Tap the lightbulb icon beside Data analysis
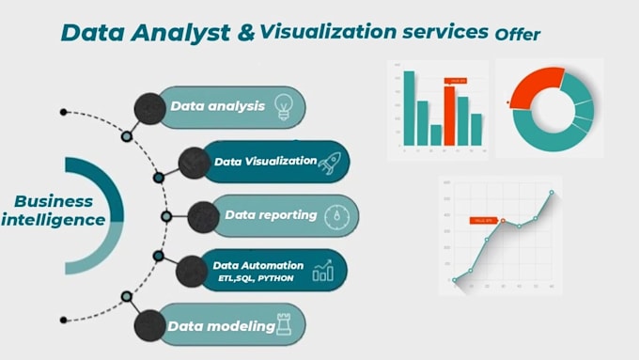[x=282, y=105]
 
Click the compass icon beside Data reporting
[x=335, y=216]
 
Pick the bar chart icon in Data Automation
[x=323, y=271]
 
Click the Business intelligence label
[x=53, y=211]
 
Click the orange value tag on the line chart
[x=482, y=220]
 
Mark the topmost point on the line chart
[x=552, y=194]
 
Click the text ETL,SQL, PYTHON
[x=250, y=278]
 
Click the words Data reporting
[x=271, y=215]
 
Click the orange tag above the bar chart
[x=457, y=81]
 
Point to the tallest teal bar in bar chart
[x=409, y=107]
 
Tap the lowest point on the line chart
[x=455, y=279]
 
